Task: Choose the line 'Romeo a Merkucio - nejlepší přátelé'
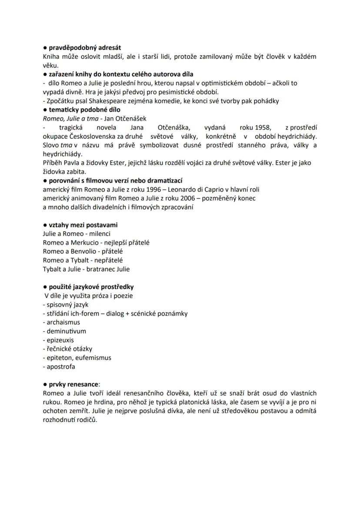point(96,243)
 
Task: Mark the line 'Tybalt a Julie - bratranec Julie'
point(86,269)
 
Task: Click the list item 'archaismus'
point(63,322)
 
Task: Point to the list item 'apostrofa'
point(61,366)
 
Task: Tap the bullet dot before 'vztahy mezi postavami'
point(45,225)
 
